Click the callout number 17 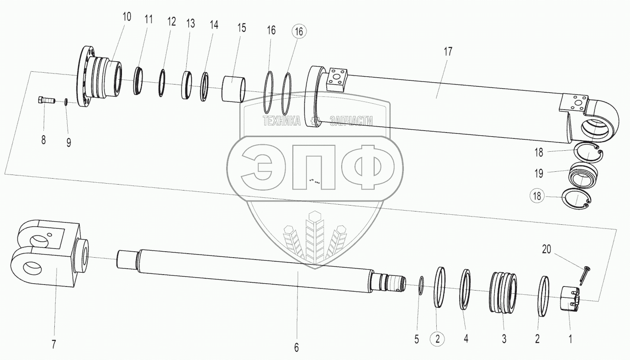[x=448, y=51]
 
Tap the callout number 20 [x=547, y=249]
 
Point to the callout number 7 [x=54, y=344]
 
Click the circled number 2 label [x=437, y=339]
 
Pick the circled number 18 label [x=537, y=196]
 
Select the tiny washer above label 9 [x=67, y=101]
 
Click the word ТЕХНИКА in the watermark [x=281, y=121]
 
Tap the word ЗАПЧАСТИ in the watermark [x=351, y=121]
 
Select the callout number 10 [x=127, y=17]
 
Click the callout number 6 [x=296, y=348]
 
